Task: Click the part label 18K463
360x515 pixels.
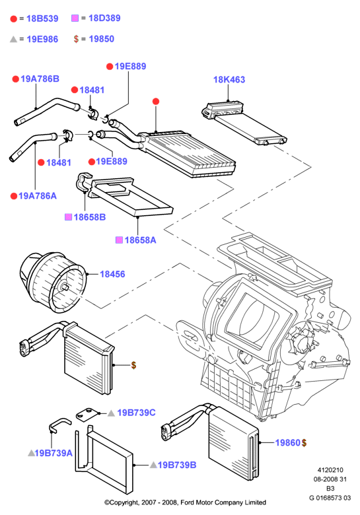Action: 229,79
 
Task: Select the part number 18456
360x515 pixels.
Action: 112,274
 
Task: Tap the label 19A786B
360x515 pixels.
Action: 40,79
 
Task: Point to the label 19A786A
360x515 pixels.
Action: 38,196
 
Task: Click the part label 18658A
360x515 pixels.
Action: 140,240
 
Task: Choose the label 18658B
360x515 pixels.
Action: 90,217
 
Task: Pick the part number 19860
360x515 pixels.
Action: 288,443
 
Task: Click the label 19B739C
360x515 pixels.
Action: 136,413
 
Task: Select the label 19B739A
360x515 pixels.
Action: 54,453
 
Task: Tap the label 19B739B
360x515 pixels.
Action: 177,465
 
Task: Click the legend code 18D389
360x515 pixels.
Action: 104,18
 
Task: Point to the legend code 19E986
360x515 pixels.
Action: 42,39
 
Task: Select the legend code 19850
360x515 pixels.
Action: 102,39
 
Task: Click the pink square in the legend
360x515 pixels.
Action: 75,18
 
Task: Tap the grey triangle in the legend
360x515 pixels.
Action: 13,39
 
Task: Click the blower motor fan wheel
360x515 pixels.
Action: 53,282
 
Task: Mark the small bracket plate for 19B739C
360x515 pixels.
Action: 87,415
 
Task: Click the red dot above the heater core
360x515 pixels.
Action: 156,102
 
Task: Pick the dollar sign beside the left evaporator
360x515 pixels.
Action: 133,365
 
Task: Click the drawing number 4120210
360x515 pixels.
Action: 330,470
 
